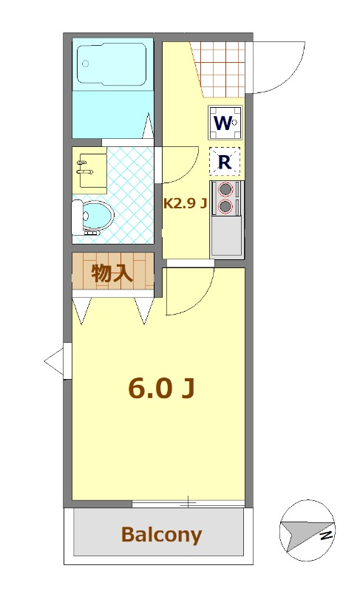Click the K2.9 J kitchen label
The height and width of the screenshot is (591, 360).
pyautogui.click(x=184, y=204)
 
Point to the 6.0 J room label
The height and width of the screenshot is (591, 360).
pyautogui.click(x=161, y=387)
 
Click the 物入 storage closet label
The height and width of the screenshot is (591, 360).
pyautogui.click(x=112, y=273)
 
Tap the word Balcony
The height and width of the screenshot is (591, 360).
pyautogui.click(x=161, y=534)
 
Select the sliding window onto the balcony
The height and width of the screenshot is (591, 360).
pyautogui.click(x=188, y=503)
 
